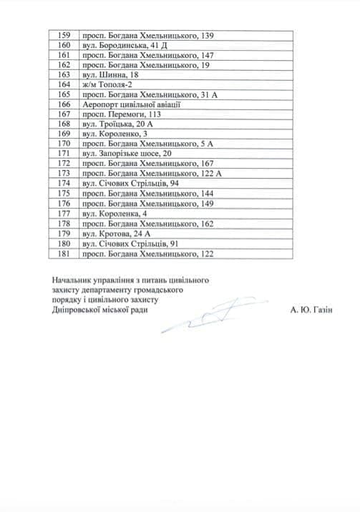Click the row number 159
click(x=63, y=35)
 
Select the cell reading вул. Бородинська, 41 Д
click(x=119, y=45)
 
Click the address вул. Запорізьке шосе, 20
click(x=127, y=154)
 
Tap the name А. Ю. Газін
click(x=312, y=310)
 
